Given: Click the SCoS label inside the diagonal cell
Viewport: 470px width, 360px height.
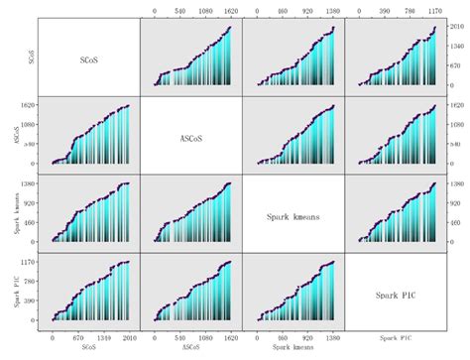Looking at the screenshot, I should point(90,59).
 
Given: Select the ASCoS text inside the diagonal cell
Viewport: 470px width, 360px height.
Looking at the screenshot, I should point(191,137).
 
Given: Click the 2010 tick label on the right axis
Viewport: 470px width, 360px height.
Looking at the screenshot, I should point(458,27).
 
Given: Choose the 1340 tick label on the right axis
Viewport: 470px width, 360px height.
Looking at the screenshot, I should point(458,47).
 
